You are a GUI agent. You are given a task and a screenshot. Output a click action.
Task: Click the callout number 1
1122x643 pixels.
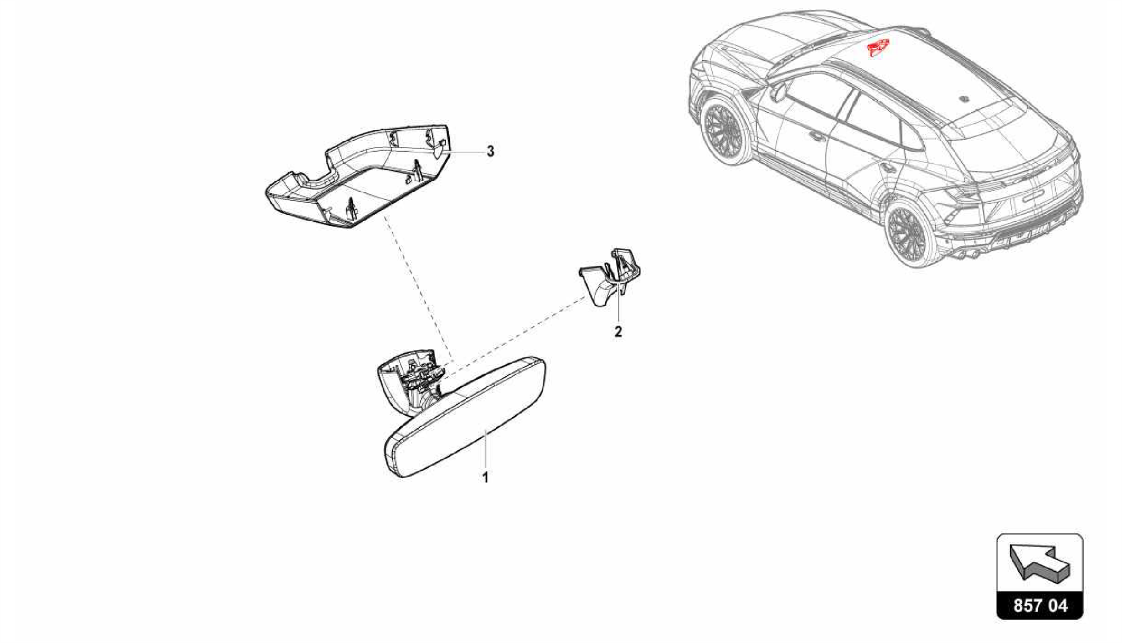click(485, 477)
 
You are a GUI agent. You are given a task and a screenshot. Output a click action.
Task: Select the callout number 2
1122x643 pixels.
click(618, 331)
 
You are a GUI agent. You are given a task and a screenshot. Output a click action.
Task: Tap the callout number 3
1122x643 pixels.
click(490, 151)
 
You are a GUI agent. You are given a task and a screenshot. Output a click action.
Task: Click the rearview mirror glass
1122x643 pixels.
click(465, 417)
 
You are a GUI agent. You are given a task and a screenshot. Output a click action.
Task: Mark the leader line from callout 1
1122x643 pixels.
click(485, 449)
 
